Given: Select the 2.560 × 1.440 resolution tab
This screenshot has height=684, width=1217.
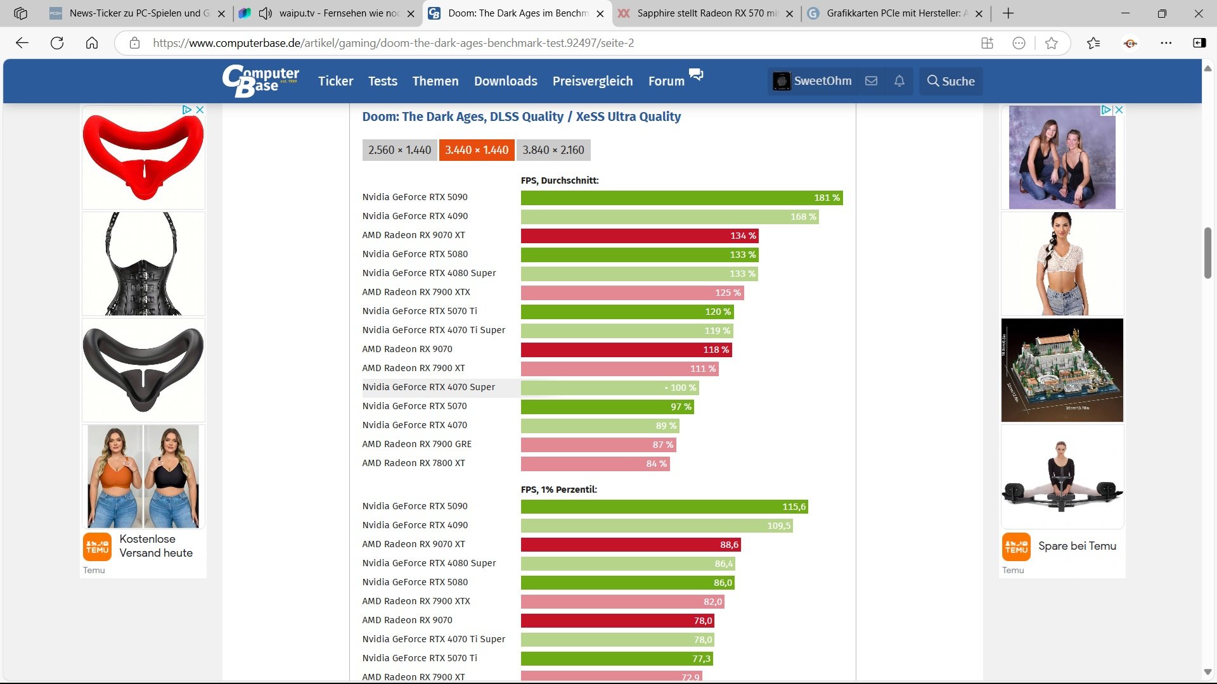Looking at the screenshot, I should pos(399,150).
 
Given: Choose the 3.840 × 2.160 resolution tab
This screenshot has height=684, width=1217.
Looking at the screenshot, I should pos(553,150).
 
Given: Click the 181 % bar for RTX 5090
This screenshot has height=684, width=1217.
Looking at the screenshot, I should pos(681,198).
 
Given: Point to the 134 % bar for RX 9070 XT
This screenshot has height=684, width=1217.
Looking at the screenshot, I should pos(639,236).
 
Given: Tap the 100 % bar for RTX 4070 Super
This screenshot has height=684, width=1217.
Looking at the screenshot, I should pos(609,388).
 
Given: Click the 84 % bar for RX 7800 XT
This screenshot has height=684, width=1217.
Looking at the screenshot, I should pos(595,464).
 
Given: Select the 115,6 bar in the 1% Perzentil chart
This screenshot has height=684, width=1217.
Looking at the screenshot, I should pos(664,507).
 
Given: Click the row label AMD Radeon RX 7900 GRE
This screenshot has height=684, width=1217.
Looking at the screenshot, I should pos(416,444).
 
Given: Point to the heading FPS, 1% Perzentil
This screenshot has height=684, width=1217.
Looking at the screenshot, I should pos(558,490).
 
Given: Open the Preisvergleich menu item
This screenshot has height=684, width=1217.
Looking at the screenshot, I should pos(592,81).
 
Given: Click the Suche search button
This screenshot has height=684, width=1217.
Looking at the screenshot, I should pos(951,81).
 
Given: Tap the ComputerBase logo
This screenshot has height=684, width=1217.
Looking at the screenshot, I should pos(261,80).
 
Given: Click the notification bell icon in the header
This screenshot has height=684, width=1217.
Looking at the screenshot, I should pos(899,81).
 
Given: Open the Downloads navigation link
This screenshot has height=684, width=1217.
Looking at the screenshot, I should pos(505,81).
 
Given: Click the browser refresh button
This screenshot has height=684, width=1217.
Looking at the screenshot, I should pos(57,43).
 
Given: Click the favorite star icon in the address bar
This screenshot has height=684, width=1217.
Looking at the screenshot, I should pos(1051,43).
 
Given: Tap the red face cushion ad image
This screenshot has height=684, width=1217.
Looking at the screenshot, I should pos(143,157).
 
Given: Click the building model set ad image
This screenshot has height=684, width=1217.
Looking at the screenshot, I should pos(1062,370).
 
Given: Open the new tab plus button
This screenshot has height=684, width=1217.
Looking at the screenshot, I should pos(1008,13).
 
